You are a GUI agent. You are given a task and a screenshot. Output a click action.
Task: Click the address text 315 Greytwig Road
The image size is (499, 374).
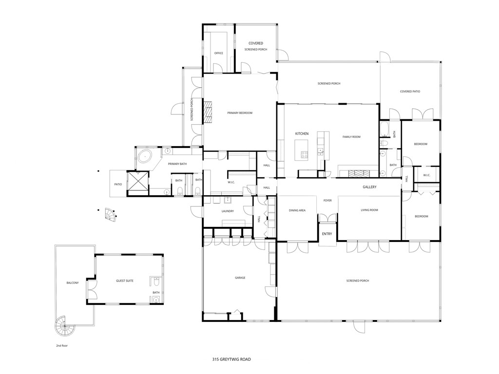pos(231,359)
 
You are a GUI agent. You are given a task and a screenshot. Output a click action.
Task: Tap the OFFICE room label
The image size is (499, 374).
pos(219,53)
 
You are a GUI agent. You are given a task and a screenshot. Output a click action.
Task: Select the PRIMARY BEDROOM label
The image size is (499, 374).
pos(240,113)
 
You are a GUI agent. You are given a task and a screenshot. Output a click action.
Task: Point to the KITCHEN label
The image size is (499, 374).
pos(302,133)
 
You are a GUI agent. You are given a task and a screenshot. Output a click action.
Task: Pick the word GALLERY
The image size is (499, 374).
pos(369,187)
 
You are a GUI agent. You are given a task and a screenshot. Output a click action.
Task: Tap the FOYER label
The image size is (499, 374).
pos(327,200)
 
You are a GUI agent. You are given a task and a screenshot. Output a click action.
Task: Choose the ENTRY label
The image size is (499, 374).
pos(327,234)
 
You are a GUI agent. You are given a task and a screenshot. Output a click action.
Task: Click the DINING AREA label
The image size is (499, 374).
pos(297,210)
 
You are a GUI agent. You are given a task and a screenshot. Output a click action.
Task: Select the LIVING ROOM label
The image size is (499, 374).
pos(369,210)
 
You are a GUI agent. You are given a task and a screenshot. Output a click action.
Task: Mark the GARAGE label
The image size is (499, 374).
pos(240,278)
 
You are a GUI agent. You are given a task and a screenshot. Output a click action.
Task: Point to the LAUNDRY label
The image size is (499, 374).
pos(228,211)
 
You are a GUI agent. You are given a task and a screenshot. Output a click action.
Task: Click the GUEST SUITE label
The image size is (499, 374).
pos(125,281)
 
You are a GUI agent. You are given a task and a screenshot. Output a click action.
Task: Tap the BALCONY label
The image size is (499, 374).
pos(72,283)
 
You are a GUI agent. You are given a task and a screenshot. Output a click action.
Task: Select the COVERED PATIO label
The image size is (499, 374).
pos(410,92)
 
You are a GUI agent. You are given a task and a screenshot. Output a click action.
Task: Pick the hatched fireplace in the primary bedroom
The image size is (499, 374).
pos(208,113)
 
